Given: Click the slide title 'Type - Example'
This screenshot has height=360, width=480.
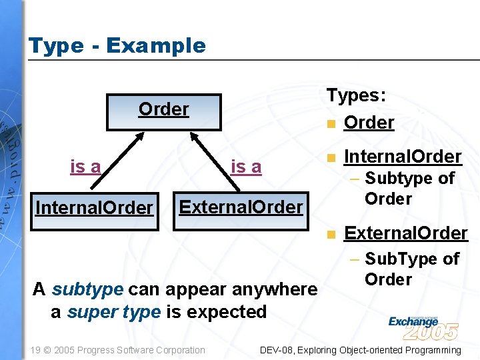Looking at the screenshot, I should pos(117,46).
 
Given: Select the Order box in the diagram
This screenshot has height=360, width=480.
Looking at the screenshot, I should pos(163,111).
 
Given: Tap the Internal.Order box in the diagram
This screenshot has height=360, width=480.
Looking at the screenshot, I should pos(94,208).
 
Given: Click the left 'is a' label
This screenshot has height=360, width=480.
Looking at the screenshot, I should pos(85,167).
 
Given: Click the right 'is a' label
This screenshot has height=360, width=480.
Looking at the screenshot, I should pos(246,167).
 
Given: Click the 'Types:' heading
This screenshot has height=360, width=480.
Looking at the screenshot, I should pos(356,95).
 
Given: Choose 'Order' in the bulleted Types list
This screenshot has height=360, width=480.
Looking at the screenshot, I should pos(369,123).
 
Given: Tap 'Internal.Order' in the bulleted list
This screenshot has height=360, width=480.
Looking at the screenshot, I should pos(402,157).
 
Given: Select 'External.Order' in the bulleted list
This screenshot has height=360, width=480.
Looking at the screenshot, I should pos(405,233).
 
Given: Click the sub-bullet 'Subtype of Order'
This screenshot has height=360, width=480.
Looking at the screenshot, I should pos(408,188).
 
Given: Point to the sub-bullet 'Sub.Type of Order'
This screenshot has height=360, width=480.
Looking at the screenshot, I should pos(411,269).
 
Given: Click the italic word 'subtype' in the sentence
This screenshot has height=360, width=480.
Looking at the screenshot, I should pos(87,290).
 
